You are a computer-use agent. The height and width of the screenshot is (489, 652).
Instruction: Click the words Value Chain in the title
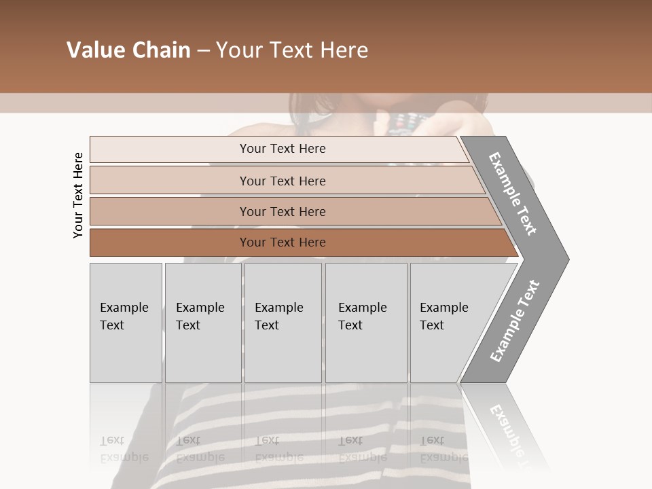pyautogui.click(x=128, y=50)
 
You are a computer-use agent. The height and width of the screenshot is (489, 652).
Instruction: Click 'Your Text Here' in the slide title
pyautogui.click(x=292, y=50)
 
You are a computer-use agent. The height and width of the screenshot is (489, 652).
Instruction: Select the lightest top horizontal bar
pyautogui.click(x=278, y=149)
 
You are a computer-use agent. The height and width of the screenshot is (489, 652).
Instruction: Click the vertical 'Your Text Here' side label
pyautogui.click(x=78, y=195)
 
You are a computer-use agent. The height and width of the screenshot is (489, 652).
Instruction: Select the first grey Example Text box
pyautogui.click(x=126, y=323)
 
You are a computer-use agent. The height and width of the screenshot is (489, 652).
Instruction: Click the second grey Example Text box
pyautogui.click(x=202, y=323)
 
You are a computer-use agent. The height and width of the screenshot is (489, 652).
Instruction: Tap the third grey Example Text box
pyautogui.click(x=283, y=323)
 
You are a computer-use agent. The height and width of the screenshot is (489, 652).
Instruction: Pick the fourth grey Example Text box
pyautogui.click(x=365, y=323)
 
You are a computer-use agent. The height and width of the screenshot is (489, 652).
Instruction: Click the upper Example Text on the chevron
pyautogui.click(x=513, y=194)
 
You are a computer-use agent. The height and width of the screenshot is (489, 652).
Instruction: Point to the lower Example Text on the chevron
pyautogui.click(x=514, y=321)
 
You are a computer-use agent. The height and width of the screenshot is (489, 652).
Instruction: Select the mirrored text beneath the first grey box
pyautogui.click(x=124, y=449)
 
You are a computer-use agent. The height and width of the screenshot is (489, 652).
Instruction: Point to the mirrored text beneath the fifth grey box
pyautogui.click(x=443, y=449)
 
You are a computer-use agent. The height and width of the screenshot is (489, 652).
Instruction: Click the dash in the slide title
pyautogui.click(x=203, y=50)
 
